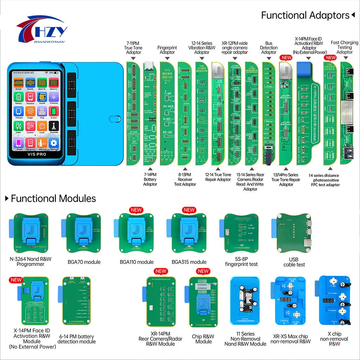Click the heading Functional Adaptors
pos(305,15)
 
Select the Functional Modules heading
pos(53,198)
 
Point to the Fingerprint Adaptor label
pos(167,50)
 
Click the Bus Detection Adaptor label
pos(269,48)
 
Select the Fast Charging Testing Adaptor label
pos(345,47)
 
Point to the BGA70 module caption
pos(84,262)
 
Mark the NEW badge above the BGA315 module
pos(189,210)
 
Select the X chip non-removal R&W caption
pos(334,339)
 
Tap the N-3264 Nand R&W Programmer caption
pos(31,261)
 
